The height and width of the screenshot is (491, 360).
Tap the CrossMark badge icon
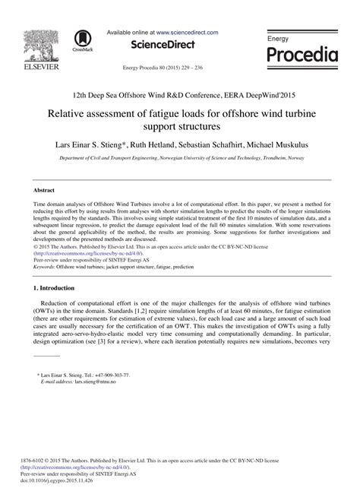[81, 39]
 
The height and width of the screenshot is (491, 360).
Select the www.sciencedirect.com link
[188, 33]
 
